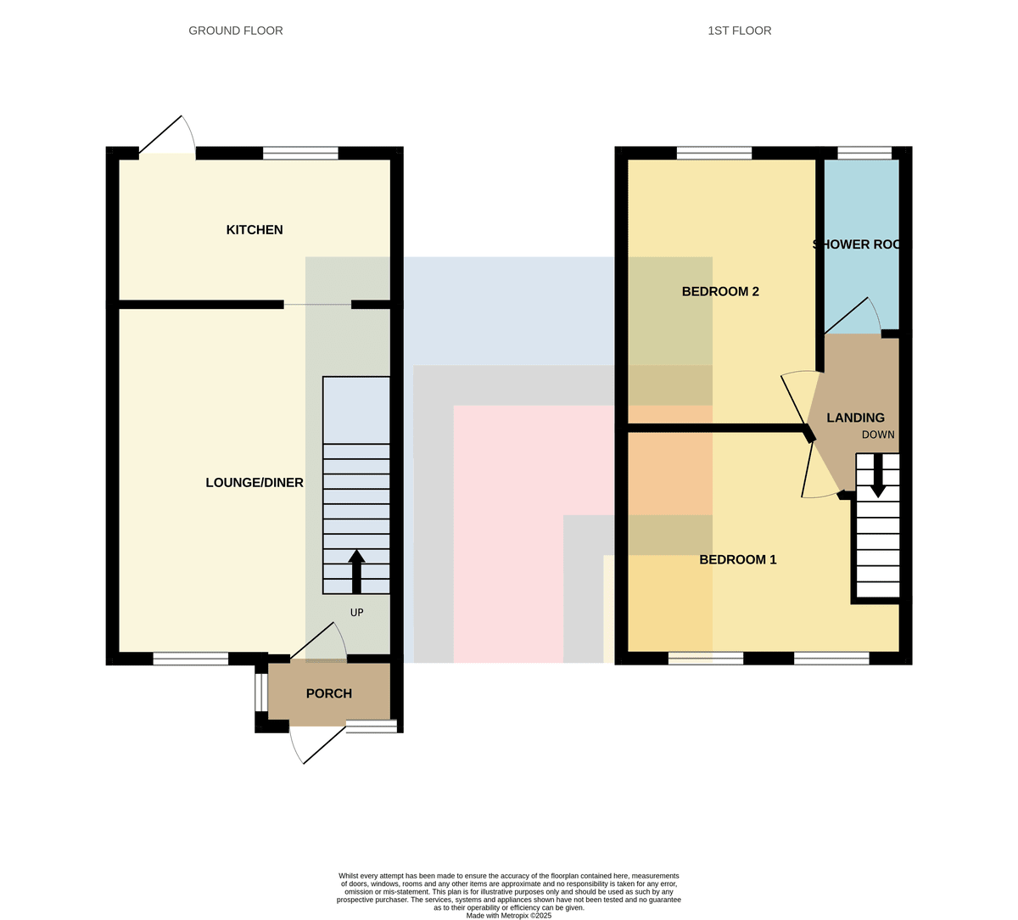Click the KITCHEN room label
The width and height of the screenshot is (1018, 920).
click(255, 230)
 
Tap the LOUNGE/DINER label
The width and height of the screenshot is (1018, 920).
click(255, 483)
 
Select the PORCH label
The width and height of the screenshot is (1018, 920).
click(329, 693)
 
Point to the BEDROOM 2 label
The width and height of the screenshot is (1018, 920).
click(720, 291)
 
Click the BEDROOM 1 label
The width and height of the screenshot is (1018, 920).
click(738, 559)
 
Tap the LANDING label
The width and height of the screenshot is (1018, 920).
click(856, 418)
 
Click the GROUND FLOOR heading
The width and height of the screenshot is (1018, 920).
click(236, 31)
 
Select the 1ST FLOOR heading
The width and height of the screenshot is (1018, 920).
click(740, 31)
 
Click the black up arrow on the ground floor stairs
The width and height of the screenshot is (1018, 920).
click(356, 572)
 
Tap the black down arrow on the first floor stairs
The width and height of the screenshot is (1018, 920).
click(878, 475)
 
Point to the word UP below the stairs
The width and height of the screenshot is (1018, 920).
click(357, 613)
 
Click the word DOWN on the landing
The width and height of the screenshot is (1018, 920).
click(878, 435)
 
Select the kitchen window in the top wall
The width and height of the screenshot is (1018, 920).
click(300, 153)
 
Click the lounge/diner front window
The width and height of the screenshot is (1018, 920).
click(191, 659)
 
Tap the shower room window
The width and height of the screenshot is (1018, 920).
click(864, 153)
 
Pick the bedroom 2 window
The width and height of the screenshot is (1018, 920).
click(714, 153)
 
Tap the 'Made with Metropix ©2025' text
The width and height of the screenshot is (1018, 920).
click(508, 916)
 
